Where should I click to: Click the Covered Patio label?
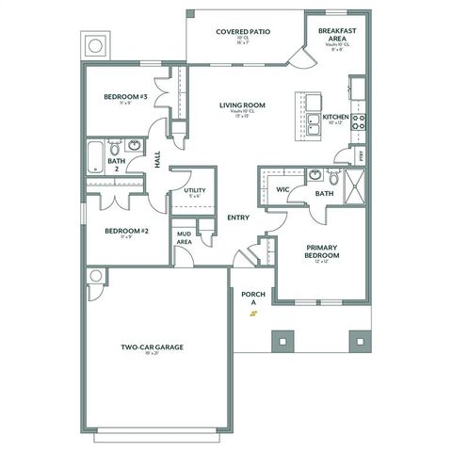pos(243,31)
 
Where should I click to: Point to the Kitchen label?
pos(335,118)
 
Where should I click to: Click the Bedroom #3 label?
pos(122,97)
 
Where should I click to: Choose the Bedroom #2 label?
pos(127,231)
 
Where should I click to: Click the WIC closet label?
pos(282,188)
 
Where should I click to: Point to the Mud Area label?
pos(185,238)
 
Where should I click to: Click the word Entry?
pos(238,218)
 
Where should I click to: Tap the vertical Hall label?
pos(157,160)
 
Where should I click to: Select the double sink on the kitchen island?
pos(312,120)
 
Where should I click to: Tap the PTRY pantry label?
pos(359,153)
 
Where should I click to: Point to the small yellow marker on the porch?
pos(252,315)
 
